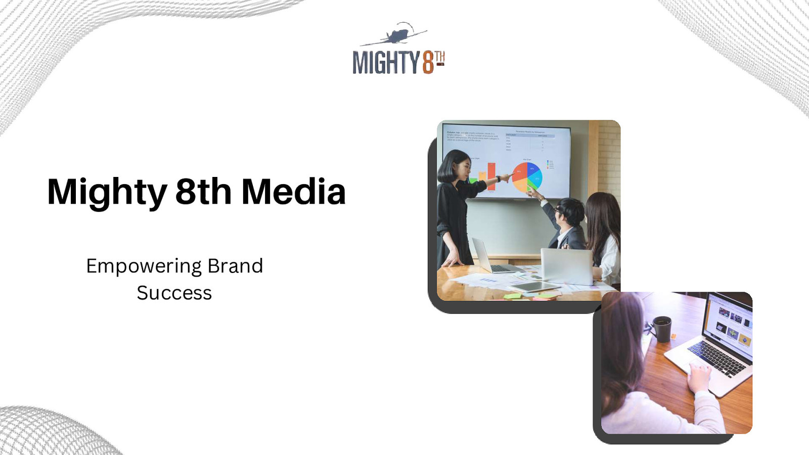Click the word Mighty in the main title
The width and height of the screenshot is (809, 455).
pyautogui.click(x=107, y=192)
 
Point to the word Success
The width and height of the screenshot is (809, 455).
pyautogui.click(x=174, y=293)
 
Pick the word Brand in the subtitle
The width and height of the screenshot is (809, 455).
pyautogui.click(x=235, y=266)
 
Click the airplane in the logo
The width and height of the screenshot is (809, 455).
pyautogui.click(x=397, y=35)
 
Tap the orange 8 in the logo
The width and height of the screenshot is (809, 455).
pyautogui.click(x=428, y=63)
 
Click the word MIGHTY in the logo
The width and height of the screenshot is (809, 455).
pyautogui.click(x=386, y=63)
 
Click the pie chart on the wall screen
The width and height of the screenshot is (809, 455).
pyautogui.click(x=527, y=176)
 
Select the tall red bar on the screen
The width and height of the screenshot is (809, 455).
pyautogui.click(x=491, y=177)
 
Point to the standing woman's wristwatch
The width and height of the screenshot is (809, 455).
pyautogui.click(x=498, y=178)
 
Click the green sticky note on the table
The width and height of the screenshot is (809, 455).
pyautogui.click(x=513, y=296)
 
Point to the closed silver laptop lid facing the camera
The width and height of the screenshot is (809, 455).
pyautogui.click(x=566, y=265)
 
